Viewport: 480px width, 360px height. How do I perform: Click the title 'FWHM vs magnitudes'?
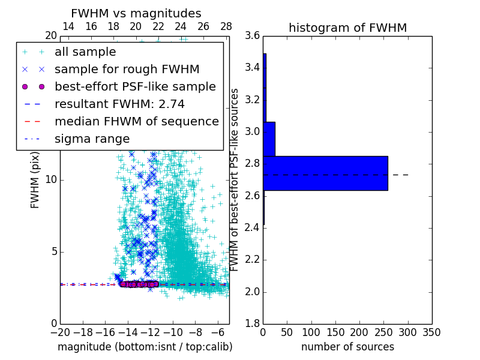point(136,13)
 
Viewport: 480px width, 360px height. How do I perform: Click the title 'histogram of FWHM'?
point(347,28)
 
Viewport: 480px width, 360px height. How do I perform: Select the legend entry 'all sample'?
point(85,52)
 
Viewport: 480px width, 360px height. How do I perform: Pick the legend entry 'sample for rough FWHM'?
point(127,70)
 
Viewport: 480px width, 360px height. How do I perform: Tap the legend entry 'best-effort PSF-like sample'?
point(135,87)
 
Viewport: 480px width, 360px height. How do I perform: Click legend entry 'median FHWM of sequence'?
point(136,122)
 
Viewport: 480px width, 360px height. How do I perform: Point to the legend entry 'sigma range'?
point(92,139)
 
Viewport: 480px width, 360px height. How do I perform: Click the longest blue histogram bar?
point(325,173)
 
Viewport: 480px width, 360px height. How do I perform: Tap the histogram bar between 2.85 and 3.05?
point(269,139)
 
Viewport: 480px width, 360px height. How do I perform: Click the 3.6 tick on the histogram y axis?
point(253,35)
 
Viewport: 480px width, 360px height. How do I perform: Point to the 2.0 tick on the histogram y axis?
point(253,292)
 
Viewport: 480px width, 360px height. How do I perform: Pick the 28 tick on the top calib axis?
point(226,26)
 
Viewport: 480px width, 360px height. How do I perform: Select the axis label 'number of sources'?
point(347,347)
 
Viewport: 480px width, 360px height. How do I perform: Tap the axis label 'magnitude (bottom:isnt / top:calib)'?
point(145,347)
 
